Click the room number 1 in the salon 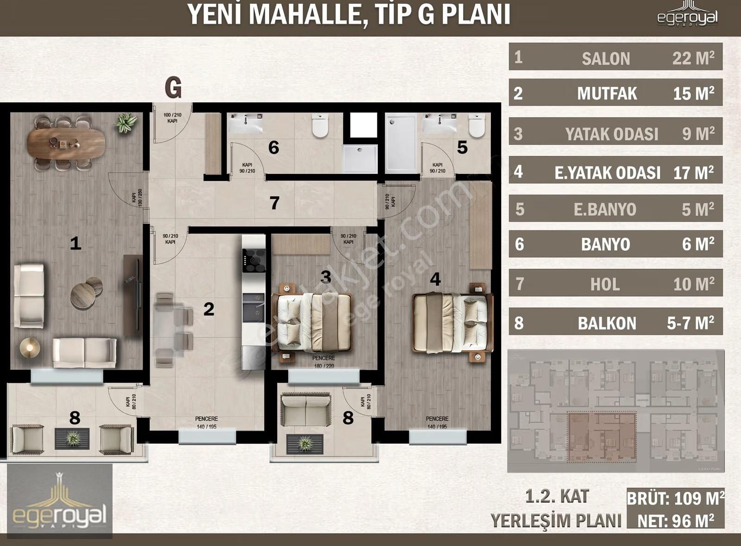[x=75, y=243]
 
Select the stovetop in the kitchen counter [x=254, y=261]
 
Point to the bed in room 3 [x=314, y=323]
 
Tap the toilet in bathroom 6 [x=320, y=125]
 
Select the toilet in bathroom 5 [x=476, y=125]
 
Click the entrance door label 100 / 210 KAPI [x=172, y=118]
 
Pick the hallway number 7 [x=275, y=203]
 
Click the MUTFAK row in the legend [x=615, y=93]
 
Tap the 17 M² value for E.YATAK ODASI [x=693, y=173]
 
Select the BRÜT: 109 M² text [x=675, y=499]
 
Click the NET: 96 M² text [x=675, y=521]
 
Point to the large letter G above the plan [x=173, y=87]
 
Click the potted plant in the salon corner [x=126, y=123]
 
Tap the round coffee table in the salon [x=83, y=295]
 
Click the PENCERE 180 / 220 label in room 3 [x=323, y=362]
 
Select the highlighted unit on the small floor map [x=601, y=437]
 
